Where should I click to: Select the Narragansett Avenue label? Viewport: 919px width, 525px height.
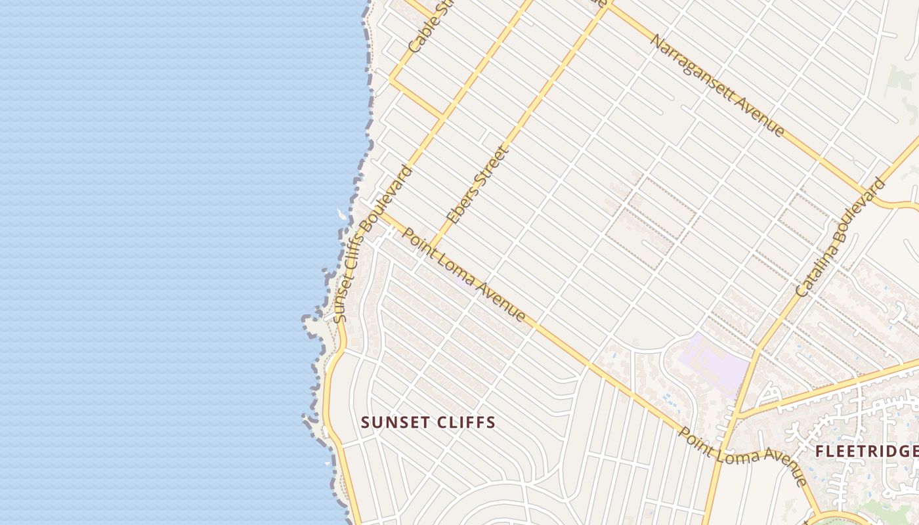[717, 85]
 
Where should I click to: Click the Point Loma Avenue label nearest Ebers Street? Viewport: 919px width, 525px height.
[463, 275]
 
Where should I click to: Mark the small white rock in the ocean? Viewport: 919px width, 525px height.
[340, 214]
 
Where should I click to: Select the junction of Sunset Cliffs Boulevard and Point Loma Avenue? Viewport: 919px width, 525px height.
[381, 212]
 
